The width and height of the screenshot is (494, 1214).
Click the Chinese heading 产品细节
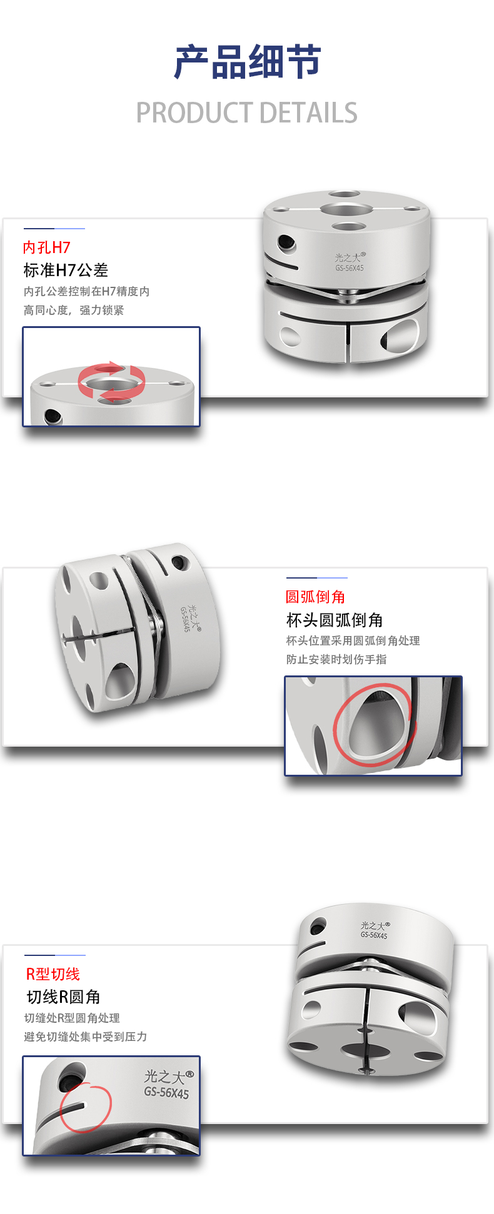point(247,62)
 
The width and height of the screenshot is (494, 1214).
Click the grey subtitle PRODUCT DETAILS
point(247,113)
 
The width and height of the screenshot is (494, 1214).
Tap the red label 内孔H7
point(47,247)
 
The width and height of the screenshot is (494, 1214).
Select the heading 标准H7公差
point(66,270)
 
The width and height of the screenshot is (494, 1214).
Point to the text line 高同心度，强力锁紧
point(74,310)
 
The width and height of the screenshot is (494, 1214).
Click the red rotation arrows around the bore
point(111,381)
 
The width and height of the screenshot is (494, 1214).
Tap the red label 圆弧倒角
point(315,597)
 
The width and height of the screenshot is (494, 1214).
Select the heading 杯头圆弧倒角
point(335,620)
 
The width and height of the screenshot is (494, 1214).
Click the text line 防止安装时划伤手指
point(336,659)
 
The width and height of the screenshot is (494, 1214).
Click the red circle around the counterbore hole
point(374,725)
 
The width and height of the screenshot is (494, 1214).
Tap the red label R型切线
point(53,974)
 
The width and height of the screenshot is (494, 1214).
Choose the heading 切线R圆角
point(63,997)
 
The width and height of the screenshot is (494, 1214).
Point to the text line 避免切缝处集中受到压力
point(86,1037)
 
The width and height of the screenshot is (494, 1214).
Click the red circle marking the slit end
point(86,1107)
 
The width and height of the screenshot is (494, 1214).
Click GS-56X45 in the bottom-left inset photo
point(166,1093)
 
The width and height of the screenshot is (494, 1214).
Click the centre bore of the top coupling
point(346,208)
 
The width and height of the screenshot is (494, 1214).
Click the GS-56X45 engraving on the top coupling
point(349,268)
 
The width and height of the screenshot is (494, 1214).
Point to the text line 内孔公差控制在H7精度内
point(86,291)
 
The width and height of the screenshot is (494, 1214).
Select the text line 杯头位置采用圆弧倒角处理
point(353,640)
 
